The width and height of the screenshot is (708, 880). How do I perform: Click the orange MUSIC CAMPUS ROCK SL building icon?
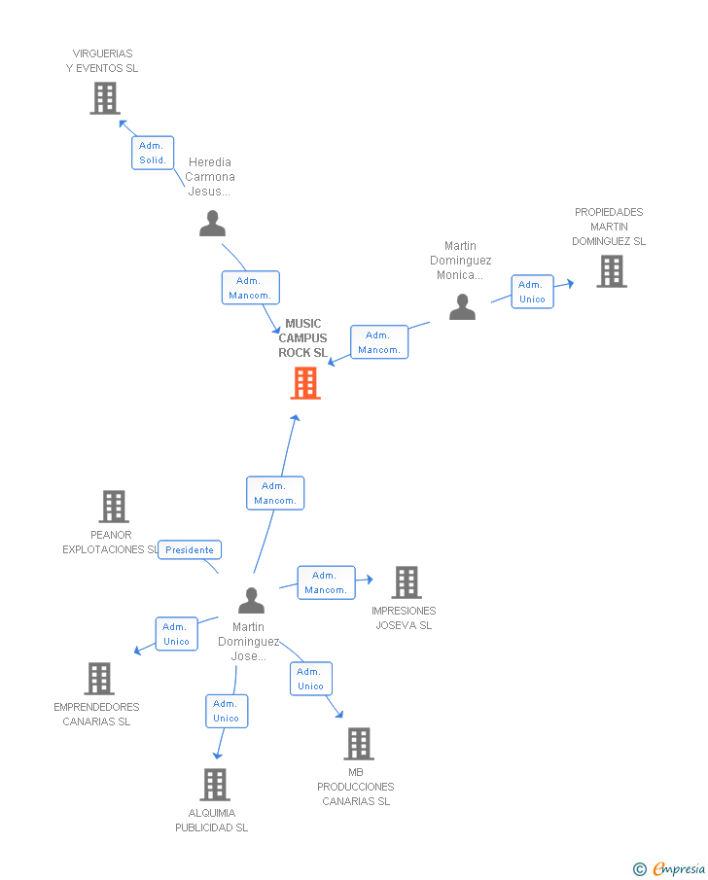(x=305, y=383)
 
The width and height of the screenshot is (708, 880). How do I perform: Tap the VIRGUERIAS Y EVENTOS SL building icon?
(x=105, y=98)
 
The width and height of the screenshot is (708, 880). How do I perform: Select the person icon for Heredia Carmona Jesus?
(x=212, y=224)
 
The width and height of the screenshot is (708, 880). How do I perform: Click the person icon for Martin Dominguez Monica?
(x=462, y=307)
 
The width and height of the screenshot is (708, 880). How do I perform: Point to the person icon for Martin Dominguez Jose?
(x=251, y=600)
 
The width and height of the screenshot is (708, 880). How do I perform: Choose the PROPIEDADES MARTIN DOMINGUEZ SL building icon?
(x=611, y=271)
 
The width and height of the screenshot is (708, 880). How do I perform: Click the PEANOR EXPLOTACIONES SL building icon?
(x=114, y=507)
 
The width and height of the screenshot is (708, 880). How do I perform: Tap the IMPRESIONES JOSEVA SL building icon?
(x=406, y=582)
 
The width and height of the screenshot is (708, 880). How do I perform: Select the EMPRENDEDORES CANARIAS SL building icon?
(x=99, y=679)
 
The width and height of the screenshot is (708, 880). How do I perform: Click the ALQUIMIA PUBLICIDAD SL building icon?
(x=214, y=785)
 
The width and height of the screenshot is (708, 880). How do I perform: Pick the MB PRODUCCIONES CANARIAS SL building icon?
(x=358, y=744)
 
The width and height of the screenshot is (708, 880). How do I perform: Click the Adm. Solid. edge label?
(x=153, y=153)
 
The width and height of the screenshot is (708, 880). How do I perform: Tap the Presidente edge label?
(x=190, y=550)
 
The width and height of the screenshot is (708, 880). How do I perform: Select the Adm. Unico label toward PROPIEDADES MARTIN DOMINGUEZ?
(x=532, y=292)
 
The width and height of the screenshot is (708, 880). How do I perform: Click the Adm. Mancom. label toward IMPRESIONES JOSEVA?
(x=326, y=582)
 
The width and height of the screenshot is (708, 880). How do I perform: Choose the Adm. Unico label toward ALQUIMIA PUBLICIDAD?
(x=227, y=711)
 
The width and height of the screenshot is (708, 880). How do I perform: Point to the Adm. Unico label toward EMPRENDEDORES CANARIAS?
(x=176, y=634)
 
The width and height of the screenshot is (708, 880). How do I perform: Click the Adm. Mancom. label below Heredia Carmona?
(x=250, y=288)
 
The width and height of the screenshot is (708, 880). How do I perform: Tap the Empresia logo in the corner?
(x=669, y=868)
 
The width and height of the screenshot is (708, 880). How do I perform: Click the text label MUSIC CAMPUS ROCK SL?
(x=303, y=338)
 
